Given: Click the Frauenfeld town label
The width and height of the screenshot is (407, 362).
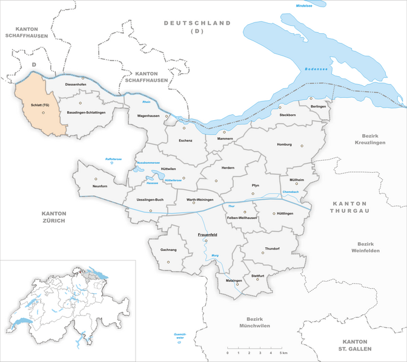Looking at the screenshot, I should tap(205, 234).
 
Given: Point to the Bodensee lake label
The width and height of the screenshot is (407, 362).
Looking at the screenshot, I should tap(316, 70).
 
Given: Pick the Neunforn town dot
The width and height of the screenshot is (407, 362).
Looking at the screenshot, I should tap(95, 179).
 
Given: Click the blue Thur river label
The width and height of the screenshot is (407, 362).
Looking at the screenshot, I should tap(231, 207).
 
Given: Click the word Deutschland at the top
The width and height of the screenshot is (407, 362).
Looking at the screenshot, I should tap(197, 23).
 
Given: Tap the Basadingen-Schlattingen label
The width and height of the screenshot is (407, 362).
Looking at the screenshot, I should tap(86, 113).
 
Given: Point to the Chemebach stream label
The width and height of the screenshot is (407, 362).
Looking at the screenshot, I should tap(291, 192).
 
